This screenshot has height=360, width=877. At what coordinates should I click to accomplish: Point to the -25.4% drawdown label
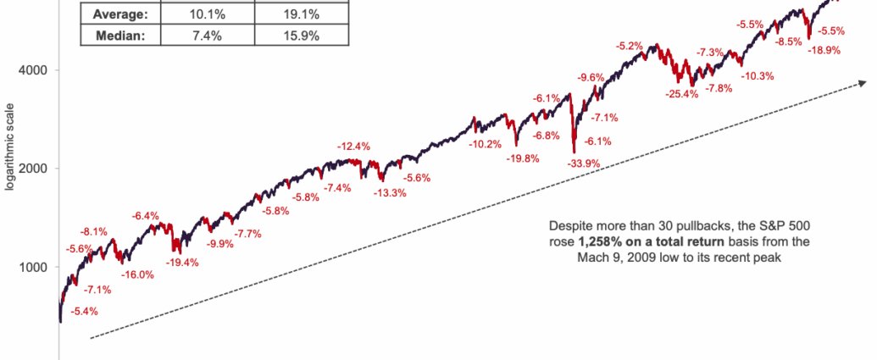pos(682,94)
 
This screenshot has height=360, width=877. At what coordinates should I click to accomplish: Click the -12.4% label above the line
pos(355,147)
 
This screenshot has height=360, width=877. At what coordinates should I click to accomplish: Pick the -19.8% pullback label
pos(523,158)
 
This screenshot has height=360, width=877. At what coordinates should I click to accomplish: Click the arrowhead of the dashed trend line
pos(863,82)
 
